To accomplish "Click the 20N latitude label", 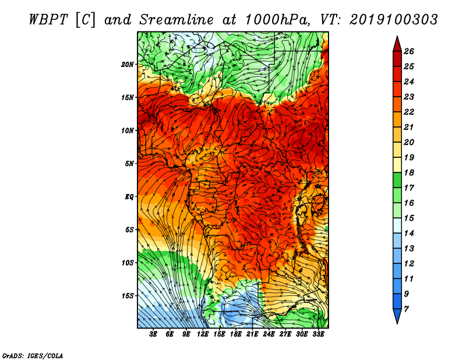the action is [128, 65].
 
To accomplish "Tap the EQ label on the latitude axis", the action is [129, 197].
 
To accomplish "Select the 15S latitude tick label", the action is [128, 296].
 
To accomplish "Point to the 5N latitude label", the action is [129, 164].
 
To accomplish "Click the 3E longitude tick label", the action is [153, 334].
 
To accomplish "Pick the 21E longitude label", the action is [252, 334].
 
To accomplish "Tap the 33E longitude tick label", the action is [318, 334].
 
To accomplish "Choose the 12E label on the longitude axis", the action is [203, 334].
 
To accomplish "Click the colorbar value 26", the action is [409, 51].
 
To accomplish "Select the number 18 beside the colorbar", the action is [409, 172].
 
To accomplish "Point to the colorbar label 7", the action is [406, 309].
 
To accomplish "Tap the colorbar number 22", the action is [409, 112].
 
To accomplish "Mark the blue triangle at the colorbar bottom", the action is [397, 315].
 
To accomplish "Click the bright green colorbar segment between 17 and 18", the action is [397, 180].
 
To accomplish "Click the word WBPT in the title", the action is [48, 20].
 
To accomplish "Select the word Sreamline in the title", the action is [176, 20].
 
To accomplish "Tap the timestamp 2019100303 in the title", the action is [394, 20].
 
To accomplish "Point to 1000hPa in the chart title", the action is [276, 20].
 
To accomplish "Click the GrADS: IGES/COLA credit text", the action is [33, 356].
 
